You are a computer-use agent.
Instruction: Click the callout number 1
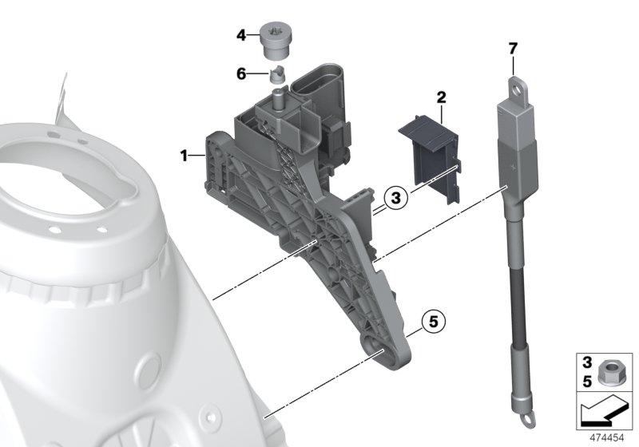pos(185,155)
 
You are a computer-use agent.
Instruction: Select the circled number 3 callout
pos(396,196)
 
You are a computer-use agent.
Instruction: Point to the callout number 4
pos(241,35)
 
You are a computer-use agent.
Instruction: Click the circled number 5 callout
pos(431,322)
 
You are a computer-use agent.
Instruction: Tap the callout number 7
pos(513,49)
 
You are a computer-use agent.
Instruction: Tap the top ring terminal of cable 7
pos(515,83)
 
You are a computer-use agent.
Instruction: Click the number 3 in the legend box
pos(586,363)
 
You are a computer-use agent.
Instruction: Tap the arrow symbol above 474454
pos(605,413)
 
